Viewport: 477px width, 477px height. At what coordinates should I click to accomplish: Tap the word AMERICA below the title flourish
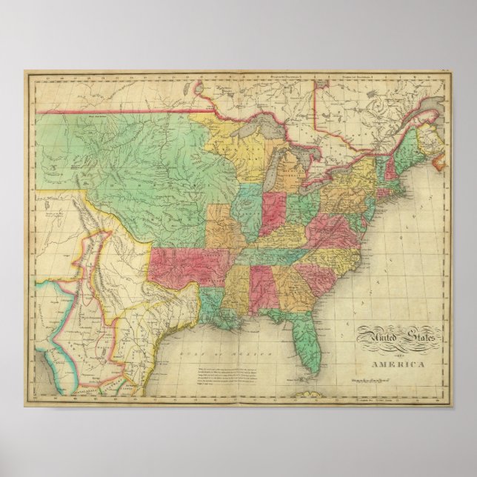[x=402, y=364]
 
